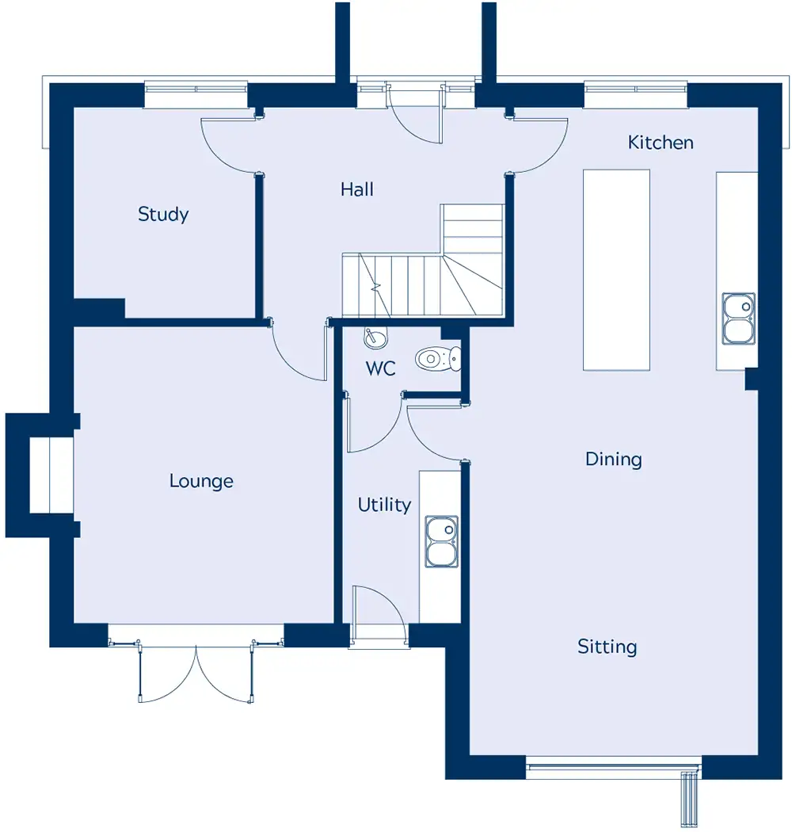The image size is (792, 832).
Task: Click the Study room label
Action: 163,215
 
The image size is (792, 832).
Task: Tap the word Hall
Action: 357,189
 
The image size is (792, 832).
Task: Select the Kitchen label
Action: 661,142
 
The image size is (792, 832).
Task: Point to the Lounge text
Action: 201,481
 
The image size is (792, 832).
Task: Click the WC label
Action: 380,368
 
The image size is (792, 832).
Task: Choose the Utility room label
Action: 384,505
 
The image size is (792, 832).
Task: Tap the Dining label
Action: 613,459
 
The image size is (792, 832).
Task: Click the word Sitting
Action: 607,647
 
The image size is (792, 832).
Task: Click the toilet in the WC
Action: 438,359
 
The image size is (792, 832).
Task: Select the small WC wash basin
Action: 375,338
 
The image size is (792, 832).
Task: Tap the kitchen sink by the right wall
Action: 738,319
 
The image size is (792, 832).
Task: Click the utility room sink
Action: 441,541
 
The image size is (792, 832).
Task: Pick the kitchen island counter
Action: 616,269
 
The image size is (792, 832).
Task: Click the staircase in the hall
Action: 422,261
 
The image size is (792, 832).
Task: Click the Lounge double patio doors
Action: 196,672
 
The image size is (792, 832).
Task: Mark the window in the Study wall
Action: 196,94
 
